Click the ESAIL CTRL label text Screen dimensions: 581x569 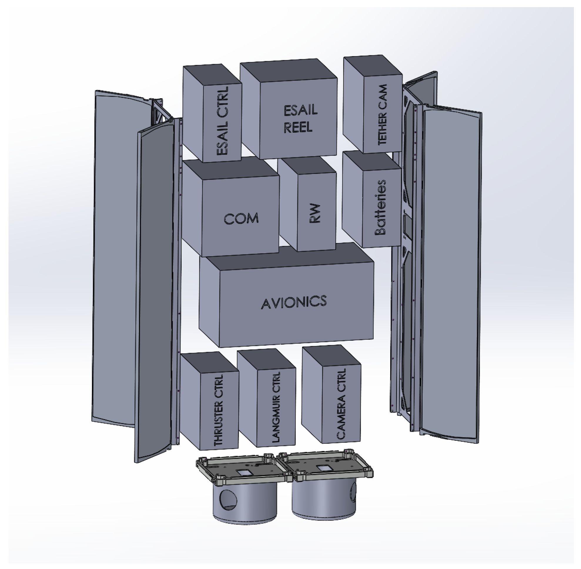(x=223, y=121)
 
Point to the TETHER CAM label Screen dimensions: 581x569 (x=382, y=115)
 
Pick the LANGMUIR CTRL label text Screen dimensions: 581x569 (x=276, y=407)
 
